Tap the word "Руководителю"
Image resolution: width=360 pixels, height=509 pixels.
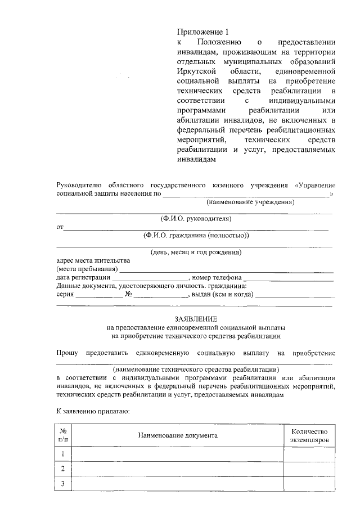(x=79, y=185)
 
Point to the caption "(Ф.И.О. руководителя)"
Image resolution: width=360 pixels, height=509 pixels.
(x=195, y=218)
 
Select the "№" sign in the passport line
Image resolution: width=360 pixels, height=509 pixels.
(x=128, y=294)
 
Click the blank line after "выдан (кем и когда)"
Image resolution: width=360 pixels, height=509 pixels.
(x=293, y=295)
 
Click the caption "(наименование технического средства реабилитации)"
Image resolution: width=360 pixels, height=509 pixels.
(x=195, y=370)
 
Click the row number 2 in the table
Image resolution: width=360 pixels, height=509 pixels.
(x=63, y=469)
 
